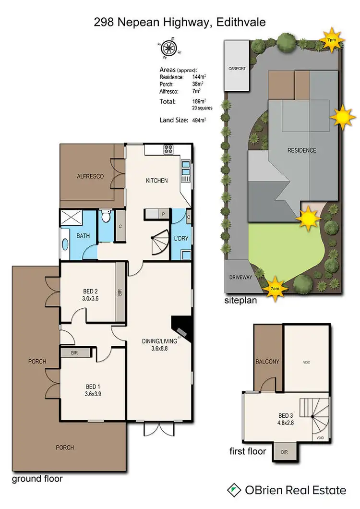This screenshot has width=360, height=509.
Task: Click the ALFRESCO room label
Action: point(90,177)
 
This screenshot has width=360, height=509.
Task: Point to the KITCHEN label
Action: point(157,181)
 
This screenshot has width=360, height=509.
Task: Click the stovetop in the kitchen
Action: point(168,149)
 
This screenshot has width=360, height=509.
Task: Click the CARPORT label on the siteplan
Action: point(236,69)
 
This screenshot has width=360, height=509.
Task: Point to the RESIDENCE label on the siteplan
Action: point(301,150)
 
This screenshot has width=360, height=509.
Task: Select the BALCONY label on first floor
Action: point(267,362)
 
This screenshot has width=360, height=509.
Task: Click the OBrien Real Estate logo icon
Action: point(235,490)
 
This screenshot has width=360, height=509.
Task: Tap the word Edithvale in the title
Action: point(241,22)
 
